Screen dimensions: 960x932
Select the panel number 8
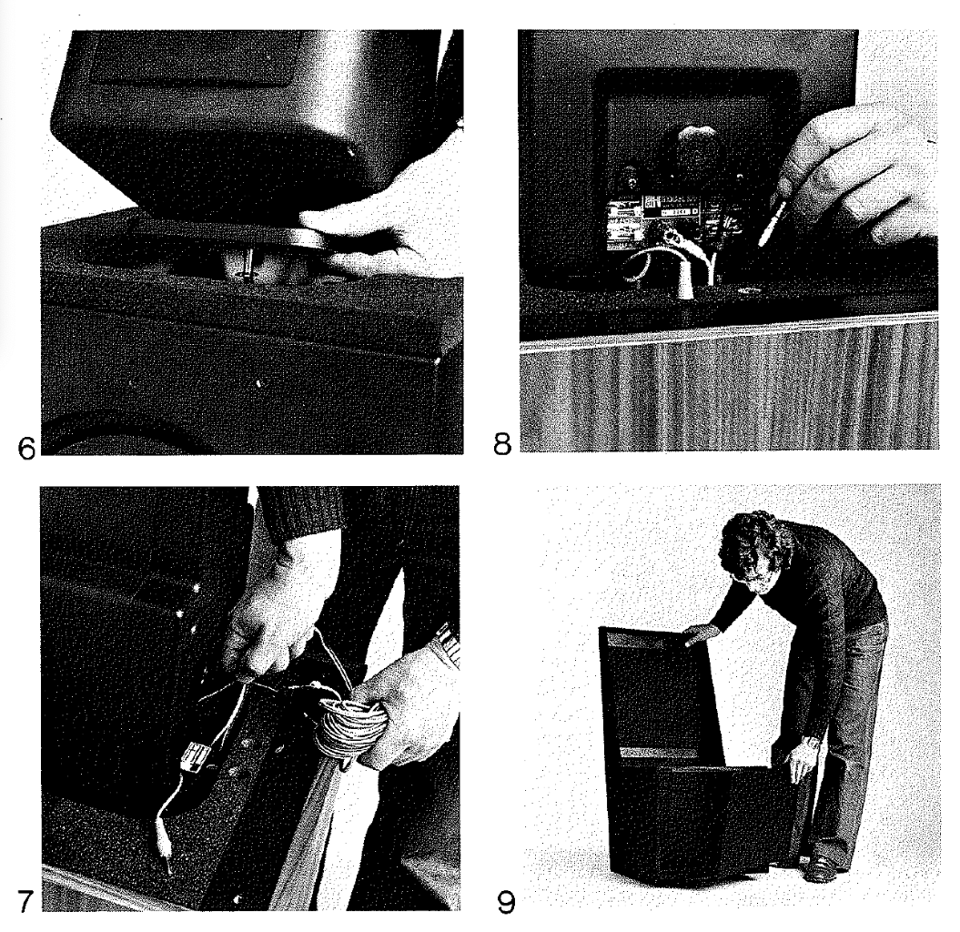tap(502, 444)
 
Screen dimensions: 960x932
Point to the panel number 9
tap(505, 903)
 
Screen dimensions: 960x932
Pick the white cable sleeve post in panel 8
tap(684, 279)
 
